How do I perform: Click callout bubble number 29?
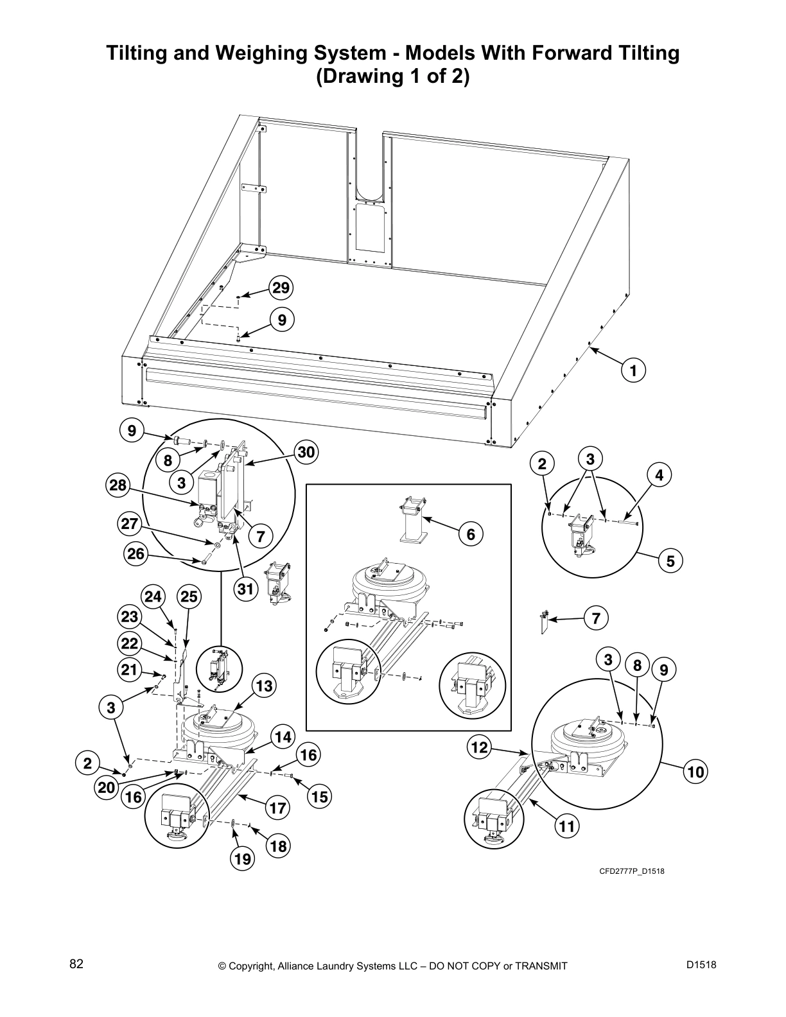281,288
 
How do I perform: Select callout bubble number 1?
633,370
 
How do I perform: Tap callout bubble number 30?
307,452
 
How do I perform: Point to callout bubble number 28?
119,485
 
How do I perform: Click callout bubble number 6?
471,534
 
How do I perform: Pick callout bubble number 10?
695,772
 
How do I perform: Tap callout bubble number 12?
480,747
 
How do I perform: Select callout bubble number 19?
243,858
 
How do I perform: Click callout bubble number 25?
189,597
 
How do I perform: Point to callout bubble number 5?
670,561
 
